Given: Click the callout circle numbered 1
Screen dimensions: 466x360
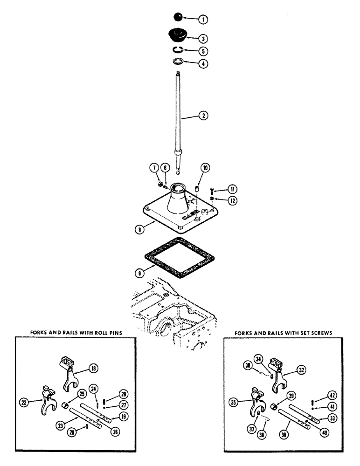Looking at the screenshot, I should click(x=203, y=20).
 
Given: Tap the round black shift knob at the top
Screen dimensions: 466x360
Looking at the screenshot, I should click(x=178, y=17).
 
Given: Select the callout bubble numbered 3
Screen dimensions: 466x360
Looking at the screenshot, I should click(x=203, y=39).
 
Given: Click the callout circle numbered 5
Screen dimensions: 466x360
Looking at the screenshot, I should click(x=203, y=51).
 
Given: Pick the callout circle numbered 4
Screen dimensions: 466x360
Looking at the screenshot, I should click(x=203, y=63).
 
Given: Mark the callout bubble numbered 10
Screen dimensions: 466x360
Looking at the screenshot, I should click(x=204, y=167).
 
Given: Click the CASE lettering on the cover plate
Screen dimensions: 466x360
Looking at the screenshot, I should click(x=190, y=217).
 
